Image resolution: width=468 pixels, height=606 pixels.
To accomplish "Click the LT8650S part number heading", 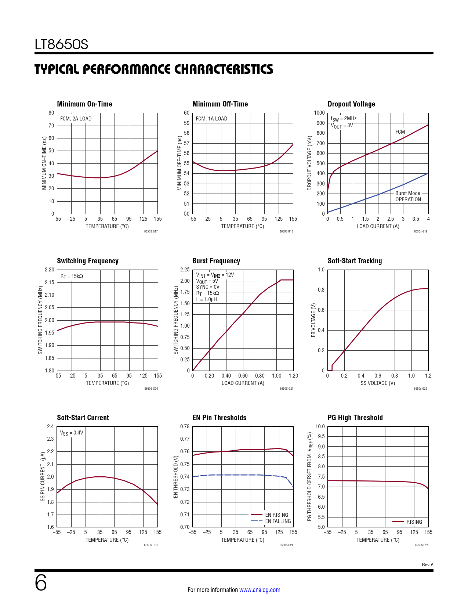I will [61, 44].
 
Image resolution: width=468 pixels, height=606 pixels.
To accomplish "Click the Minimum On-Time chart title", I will [84, 104].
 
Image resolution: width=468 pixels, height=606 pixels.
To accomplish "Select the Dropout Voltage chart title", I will [351, 104].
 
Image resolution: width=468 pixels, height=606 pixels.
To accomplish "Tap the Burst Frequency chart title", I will [216, 261].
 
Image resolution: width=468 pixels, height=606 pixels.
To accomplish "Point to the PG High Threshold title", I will [355, 418].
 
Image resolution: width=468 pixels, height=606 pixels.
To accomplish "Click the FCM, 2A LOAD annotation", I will [76, 119].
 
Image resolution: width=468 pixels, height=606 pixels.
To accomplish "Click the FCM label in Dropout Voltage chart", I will [400, 132].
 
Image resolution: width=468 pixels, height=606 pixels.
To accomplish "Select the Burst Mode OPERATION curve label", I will [408, 196].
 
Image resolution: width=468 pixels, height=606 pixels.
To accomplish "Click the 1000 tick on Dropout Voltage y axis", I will [319, 113].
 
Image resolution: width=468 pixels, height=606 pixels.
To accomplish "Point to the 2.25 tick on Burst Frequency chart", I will [185, 270].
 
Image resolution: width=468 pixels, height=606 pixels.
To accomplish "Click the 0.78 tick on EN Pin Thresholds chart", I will [185, 426].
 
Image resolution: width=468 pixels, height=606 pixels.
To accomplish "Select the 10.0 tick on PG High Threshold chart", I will [320, 426].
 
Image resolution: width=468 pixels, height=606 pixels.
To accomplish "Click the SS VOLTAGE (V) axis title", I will [377, 383].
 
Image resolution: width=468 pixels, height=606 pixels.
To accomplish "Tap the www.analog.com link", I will [260, 590].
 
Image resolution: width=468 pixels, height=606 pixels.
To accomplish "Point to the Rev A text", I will [427, 565].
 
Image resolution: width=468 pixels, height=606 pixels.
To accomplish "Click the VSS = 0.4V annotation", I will [72, 433].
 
